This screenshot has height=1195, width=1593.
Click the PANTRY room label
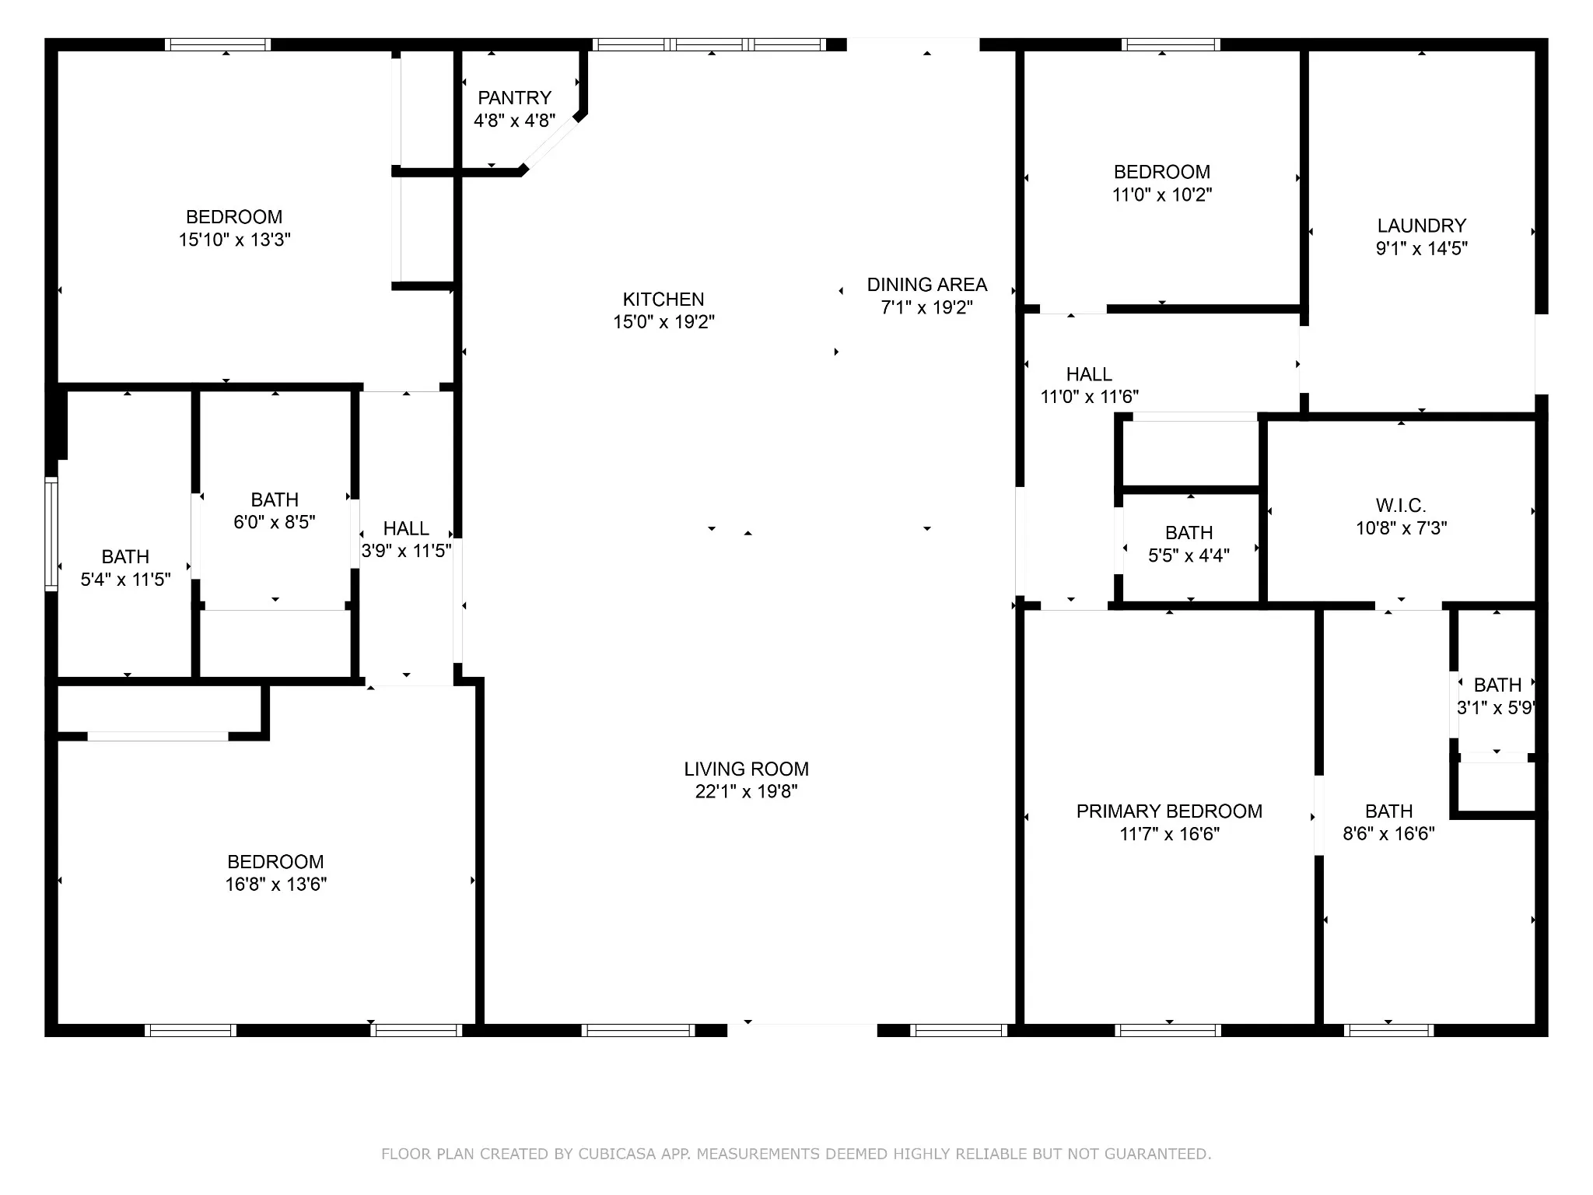click(514, 98)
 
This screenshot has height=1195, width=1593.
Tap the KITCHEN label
click(663, 300)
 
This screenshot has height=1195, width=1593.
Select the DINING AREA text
click(927, 285)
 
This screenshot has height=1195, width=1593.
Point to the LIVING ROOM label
click(747, 769)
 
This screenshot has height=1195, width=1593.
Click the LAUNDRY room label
click(1422, 226)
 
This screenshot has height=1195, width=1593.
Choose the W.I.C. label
click(1401, 506)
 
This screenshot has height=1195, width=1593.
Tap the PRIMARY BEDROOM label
click(1169, 811)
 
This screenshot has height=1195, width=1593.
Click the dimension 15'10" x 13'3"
click(234, 240)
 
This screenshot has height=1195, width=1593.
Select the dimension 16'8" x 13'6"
click(276, 885)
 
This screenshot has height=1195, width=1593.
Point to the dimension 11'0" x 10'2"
click(1162, 194)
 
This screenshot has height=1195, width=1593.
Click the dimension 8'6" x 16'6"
click(1388, 834)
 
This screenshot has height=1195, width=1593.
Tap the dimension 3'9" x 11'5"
click(406, 551)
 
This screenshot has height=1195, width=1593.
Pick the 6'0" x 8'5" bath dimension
click(275, 522)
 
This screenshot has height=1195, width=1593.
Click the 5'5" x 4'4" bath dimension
click(1189, 555)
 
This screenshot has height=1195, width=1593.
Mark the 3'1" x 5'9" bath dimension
click(1495, 708)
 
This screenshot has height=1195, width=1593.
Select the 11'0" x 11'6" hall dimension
click(1089, 397)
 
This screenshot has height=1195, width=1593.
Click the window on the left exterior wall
click(51, 534)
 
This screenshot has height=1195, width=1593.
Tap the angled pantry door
click(551, 142)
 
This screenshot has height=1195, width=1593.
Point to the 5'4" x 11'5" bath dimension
click(125, 580)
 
